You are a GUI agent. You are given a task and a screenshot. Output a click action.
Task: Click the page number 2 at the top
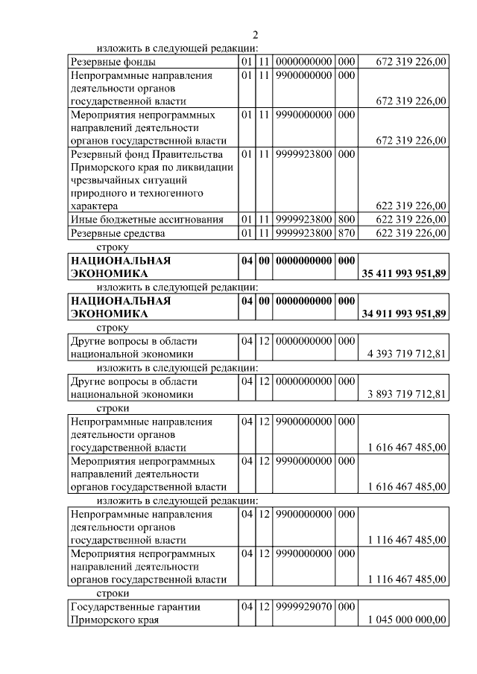tap(255, 34)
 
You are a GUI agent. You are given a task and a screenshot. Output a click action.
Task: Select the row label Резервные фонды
tap(113, 62)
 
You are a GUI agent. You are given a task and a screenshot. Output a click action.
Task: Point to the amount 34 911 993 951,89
tap(403, 314)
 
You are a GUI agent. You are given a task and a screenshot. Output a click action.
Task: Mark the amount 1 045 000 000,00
tap(407, 620)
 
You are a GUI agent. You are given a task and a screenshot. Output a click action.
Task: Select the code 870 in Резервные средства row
tap(347, 233)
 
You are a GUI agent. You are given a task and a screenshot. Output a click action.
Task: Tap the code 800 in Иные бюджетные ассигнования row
tap(347, 219)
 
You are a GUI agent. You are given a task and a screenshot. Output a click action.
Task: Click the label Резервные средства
tap(117, 233)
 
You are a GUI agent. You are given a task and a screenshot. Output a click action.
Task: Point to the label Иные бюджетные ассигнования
tap(147, 219)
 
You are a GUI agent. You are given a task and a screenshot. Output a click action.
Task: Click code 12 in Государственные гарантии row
tap(265, 607)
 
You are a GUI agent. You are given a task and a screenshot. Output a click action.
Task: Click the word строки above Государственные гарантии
tap(113, 594)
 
